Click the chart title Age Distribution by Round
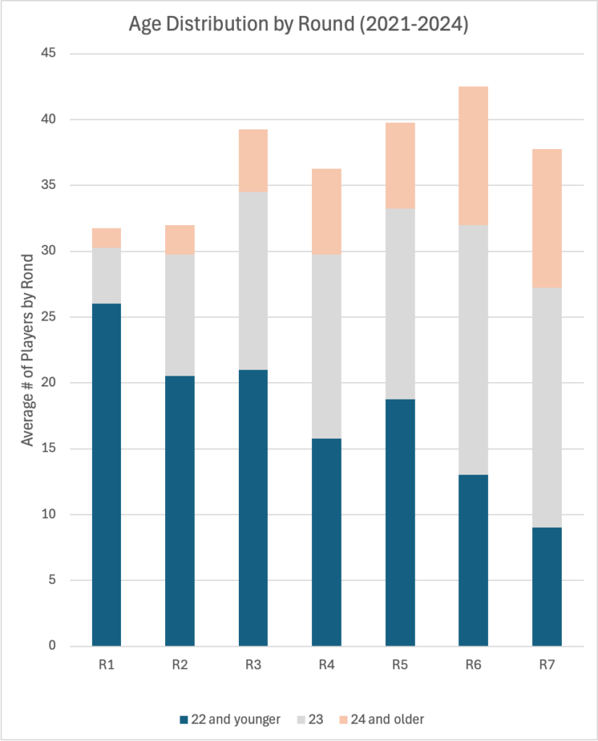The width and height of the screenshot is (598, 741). [299, 25]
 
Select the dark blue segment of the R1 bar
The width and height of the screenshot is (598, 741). [106, 474]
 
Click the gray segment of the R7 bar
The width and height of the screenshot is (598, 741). [547, 407]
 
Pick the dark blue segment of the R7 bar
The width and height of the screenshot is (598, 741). [547, 586]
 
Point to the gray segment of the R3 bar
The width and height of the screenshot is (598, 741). [253, 281]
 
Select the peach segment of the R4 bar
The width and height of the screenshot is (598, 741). [327, 211]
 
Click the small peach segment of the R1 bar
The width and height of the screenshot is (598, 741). [106, 238]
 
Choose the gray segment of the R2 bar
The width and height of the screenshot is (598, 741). [180, 315]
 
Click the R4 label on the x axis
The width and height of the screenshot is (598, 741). [327, 665]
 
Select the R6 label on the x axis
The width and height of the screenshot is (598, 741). [473, 665]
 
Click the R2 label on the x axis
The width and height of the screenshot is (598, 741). [180, 665]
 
